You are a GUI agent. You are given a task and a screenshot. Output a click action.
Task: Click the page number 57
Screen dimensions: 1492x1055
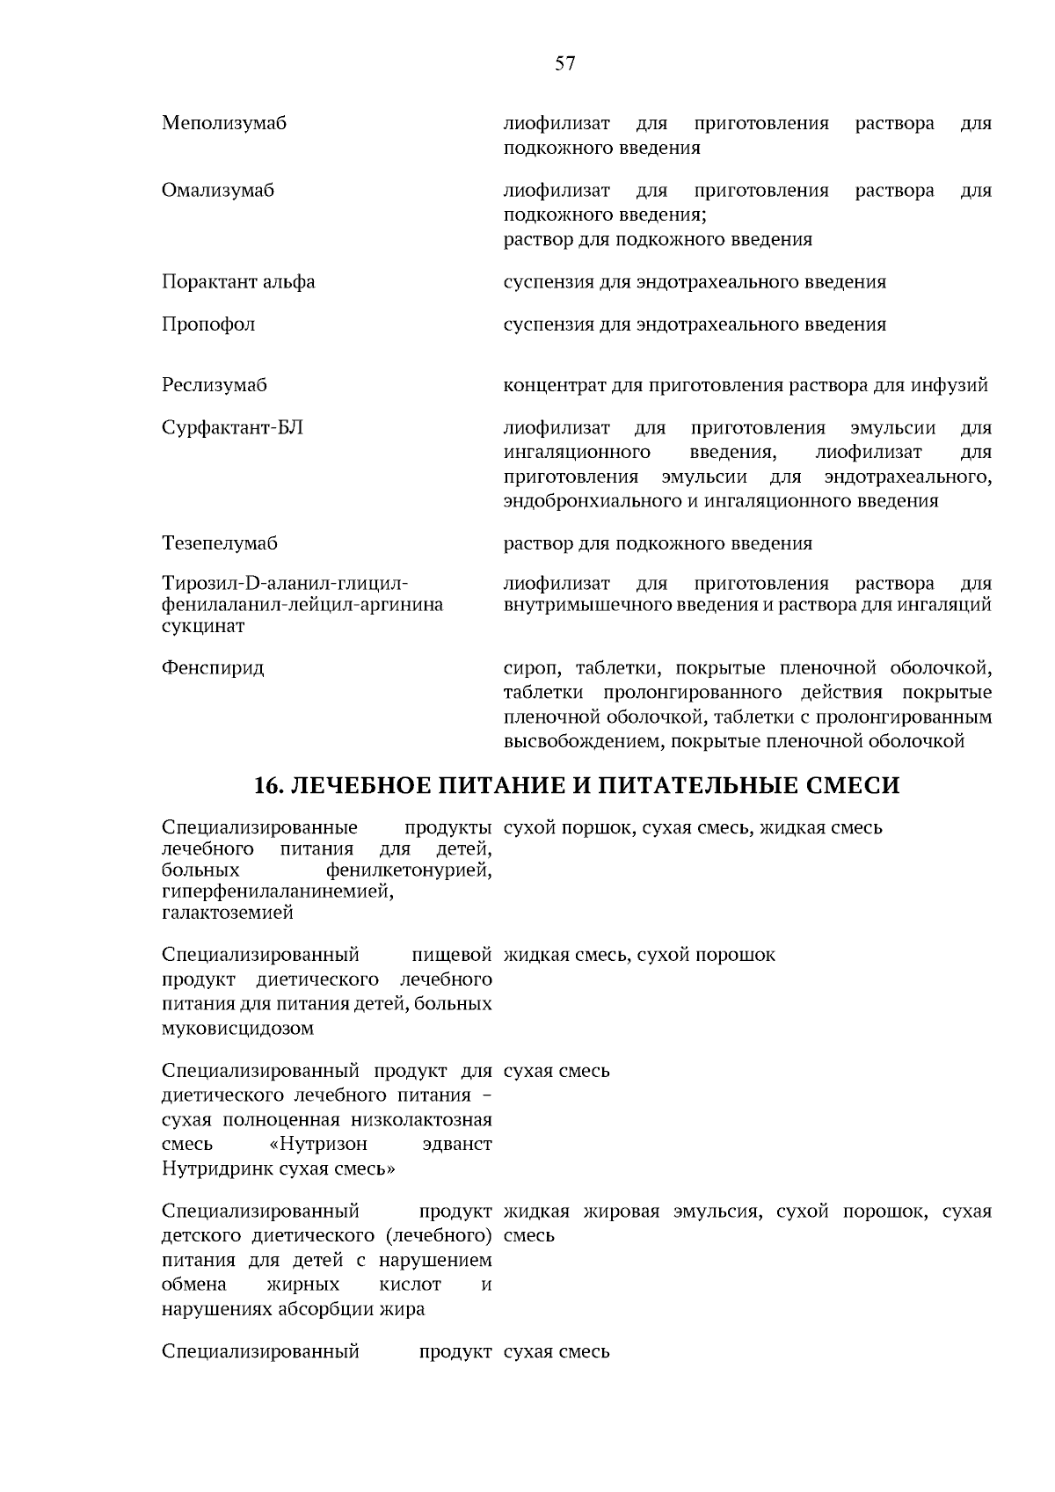(x=565, y=63)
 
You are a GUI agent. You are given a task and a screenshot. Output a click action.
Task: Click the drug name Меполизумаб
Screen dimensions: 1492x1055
(x=224, y=123)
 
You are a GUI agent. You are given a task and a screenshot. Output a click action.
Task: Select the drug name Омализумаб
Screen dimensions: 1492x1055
(x=218, y=191)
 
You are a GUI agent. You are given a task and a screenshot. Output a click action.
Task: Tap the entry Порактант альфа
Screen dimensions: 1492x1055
(x=238, y=282)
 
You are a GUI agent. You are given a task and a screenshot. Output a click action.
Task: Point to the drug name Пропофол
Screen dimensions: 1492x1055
(x=208, y=324)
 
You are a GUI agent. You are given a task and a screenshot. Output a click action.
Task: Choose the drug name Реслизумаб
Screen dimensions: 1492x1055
(x=215, y=385)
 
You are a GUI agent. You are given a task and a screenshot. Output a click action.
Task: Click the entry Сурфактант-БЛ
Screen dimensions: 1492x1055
(x=233, y=428)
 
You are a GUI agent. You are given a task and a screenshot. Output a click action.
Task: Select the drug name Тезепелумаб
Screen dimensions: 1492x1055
(x=220, y=543)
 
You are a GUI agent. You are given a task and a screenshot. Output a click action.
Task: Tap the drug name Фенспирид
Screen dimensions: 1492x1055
(x=213, y=668)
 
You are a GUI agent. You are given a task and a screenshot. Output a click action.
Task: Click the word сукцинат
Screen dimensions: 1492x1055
(x=203, y=626)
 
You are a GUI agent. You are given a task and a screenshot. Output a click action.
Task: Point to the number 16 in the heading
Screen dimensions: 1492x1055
(x=266, y=785)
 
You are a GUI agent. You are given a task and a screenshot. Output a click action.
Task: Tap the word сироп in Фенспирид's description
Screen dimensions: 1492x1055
(x=527, y=668)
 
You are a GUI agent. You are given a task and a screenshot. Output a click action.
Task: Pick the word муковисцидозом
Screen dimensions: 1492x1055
(x=237, y=1028)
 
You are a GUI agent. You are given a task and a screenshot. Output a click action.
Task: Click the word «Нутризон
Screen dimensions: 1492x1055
(x=318, y=1145)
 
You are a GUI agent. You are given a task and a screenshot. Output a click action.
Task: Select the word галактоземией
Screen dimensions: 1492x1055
(x=228, y=913)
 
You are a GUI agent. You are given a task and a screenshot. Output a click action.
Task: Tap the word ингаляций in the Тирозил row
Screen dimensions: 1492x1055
(x=950, y=605)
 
